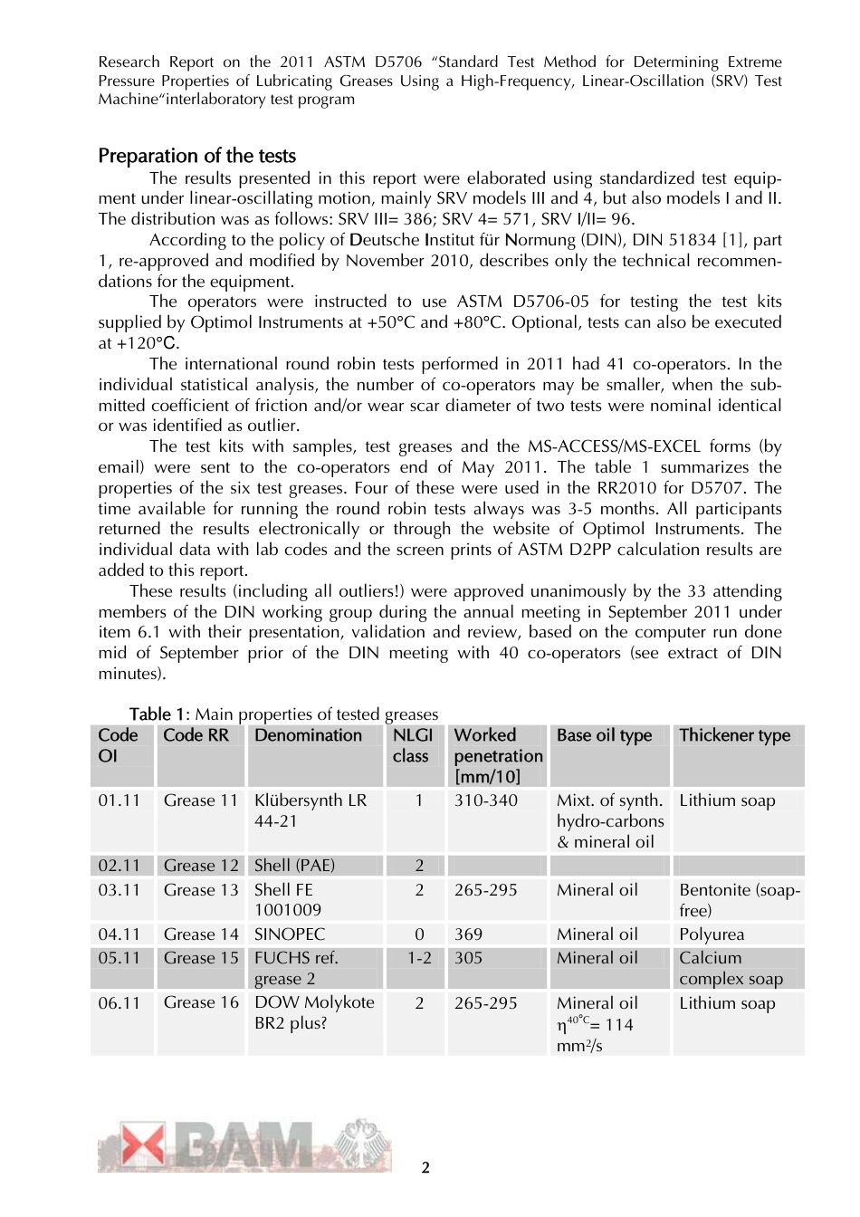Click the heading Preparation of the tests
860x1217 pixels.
(x=196, y=156)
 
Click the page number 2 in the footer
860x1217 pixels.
(x=425, y=1168)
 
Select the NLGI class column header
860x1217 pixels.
(x=413, y=745)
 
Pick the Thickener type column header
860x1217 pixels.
(x=734, y=735)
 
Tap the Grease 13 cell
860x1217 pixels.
(x=201, y=890)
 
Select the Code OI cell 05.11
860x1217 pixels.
(x=119, y=958)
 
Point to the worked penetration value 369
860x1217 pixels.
(x=468, y=934)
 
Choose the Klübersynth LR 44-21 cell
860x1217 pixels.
(x=311, y=810)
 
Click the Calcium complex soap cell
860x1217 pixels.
(x=731, y=968)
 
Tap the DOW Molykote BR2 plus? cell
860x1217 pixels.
(x=314, y=1012)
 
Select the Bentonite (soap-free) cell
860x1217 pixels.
(x=739, y=900)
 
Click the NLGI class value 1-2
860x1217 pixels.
(x=419, y=958)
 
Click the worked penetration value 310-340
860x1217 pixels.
(x=486, y=800)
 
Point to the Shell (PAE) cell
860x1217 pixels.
(x=294, y=866)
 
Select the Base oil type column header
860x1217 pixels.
(x=604, y=735)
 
